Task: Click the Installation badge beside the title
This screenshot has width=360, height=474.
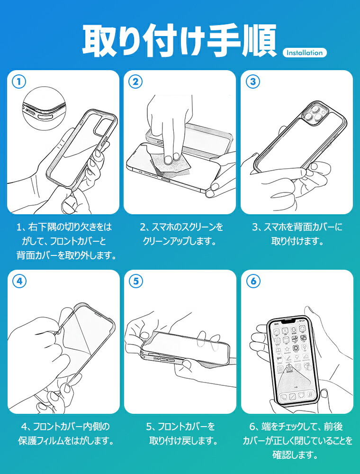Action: pyautogui.click(x=305, y=53)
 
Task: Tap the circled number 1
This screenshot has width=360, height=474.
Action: pyautogui.click(x=19, y=82)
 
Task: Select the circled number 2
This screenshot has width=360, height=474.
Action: pyautogui.click(x=135, y=82)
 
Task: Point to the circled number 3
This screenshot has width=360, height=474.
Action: pyautogui.click(x=253, y=82)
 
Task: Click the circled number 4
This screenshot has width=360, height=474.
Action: pyautogui.click(x=19, y=282)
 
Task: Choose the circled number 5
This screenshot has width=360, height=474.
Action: pyautogui.click(x=135, y=282)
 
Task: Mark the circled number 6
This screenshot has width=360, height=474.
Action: pyautogui.click(x=253, y=282)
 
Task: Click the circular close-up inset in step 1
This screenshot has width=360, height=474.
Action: pyautogui.click(x=45, y=109)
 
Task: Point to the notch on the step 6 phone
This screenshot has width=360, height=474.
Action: pyautogui.click(x=289, y=320)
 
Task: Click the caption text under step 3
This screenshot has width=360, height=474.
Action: pyautogui.click(x=297, y=234)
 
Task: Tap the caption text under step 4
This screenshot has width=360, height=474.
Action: pyautogui.click(x=66, y=434)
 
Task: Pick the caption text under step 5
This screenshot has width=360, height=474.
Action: pyautogui.click(x=182, y=434)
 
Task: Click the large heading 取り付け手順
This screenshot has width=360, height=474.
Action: pyautogui.click(x=180, y=41)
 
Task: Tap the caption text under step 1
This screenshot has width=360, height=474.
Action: pyautogui.click(x=66, y=241)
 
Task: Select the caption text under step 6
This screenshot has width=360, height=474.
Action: pyautogui.click(x=297, y=441)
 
